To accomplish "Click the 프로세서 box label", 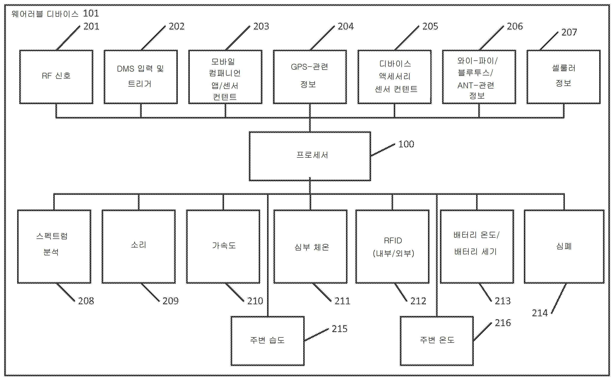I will click(312, 155).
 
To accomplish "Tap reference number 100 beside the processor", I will click(406, 144).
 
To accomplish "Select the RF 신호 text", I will click(56, 76).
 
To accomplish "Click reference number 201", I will click(91, 26).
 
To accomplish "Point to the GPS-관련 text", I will click(309, 67).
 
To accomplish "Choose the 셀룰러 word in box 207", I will click(563, 68).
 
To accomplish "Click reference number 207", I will click(569, 32).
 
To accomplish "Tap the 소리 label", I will click(138, 244).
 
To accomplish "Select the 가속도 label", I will click(224, 245).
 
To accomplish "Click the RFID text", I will click(393, 241).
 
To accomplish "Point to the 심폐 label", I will click(564, 246).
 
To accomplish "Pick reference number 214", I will click(540, 313).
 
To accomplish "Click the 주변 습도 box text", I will click(267, 340).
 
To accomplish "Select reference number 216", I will click(503, 323).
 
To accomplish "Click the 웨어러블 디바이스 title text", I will click(45, 14).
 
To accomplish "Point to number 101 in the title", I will click(91, 13).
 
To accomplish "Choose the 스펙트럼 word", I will click(52, 236).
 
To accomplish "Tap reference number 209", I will click(170, 301).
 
